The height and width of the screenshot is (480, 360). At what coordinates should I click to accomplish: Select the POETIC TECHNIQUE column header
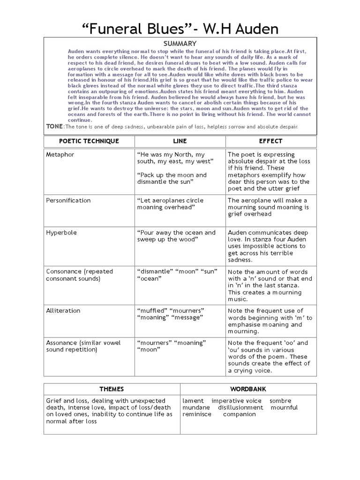tap(89, 141)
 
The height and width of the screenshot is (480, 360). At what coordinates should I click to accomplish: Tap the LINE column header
tap(180, 141)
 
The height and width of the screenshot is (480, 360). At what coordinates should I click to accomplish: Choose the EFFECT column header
tap(270, 141)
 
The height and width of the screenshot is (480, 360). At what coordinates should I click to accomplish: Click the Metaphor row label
tap(60, 155)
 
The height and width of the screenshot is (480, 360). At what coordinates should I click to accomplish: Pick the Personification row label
tap(68, 201)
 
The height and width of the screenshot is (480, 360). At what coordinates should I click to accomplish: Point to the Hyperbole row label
tap(61, 232)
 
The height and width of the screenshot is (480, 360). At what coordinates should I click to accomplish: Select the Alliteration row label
tap(63, 310)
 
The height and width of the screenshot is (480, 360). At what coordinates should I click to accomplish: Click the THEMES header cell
tap(112, 389)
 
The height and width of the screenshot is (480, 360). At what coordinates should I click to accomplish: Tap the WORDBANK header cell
tap(248, 389)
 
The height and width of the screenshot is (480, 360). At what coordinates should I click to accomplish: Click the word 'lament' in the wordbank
tap(193, 401)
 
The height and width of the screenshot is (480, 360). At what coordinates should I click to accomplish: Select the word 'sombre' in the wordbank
tap(280, 401)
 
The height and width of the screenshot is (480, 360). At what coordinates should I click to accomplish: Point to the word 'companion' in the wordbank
tap(240, 414)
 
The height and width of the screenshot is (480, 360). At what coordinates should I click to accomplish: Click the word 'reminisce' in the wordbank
tap(197, 414)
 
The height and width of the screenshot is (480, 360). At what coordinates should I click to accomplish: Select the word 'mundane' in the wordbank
tap(196, 407)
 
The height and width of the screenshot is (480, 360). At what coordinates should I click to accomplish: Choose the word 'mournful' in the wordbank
tap(285, 407)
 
